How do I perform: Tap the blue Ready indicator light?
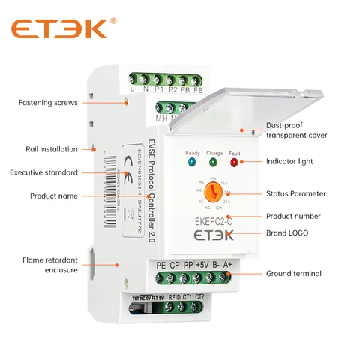[192, 161]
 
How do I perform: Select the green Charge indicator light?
[213, 161]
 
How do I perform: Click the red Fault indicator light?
[234, 161]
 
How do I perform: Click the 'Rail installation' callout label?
[49, 148]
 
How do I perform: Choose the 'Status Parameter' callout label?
[296, 193]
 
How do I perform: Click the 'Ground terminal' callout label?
[294, 273]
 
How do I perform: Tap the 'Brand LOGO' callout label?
[289, 233]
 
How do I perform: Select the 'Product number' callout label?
[294, 217]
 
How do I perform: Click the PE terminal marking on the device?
[161, 265]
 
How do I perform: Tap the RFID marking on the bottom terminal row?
[173, 298]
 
